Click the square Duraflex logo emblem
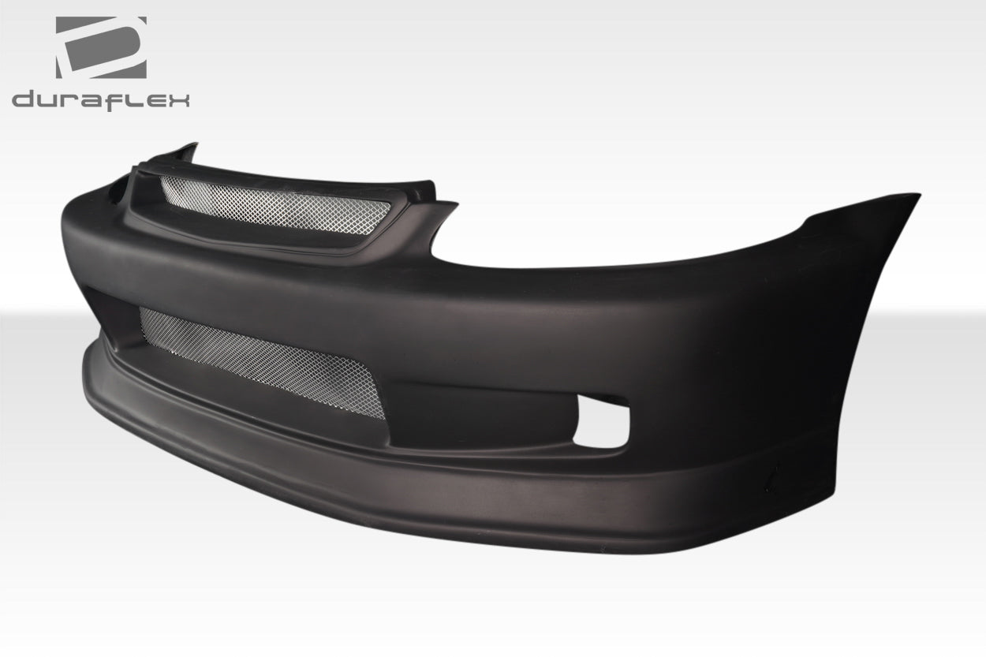pyautogui.click(x=101, y=47)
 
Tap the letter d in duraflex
pyautogui.click(x=24, y=100)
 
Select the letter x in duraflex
pyautogui.click(x=178, y=100)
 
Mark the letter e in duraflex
pyautogui.click(x=151, y=100)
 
